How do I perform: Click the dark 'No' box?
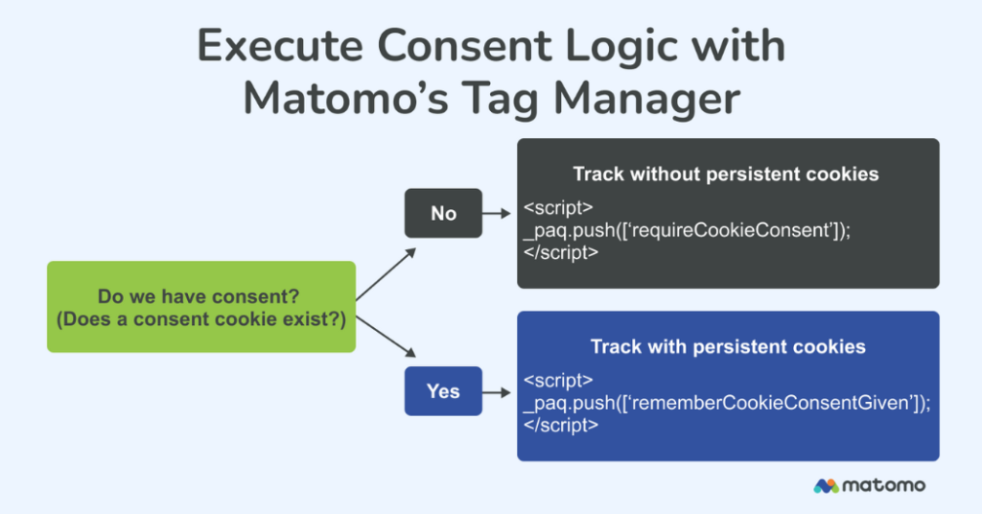(x=443, y=213)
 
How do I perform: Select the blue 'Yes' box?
(x=443, y=391)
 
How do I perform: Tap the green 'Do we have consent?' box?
(x=201, y=307)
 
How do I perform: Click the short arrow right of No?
(x=497, y=213)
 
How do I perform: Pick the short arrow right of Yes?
(x=497, y=391)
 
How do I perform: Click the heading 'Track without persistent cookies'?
(x=726, y=175)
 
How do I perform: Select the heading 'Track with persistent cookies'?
(x=728, y=346)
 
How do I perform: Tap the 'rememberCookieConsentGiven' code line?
(x=727, y=403)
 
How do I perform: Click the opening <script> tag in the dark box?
(x=558, y=208)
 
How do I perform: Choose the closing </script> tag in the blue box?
(x=561, y=425)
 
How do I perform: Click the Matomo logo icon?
(x=826, y=486)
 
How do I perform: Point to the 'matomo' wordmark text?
(x=884, y=485)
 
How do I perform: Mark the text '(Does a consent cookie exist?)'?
(x=201, y=319)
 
